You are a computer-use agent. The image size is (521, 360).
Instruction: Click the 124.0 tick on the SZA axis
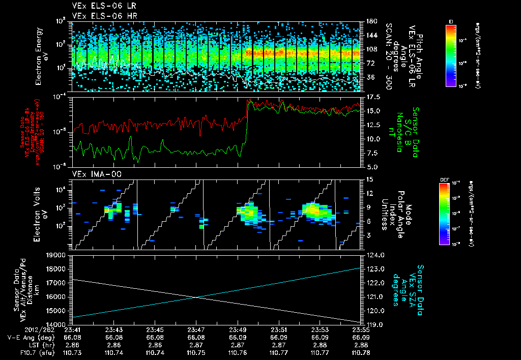tap(370, 255)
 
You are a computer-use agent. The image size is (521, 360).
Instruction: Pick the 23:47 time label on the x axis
tap(196, 330)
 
